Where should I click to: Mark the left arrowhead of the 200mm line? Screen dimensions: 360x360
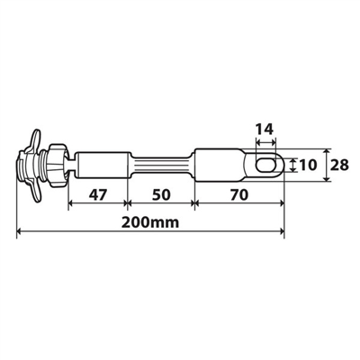click(x=21, y=237)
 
